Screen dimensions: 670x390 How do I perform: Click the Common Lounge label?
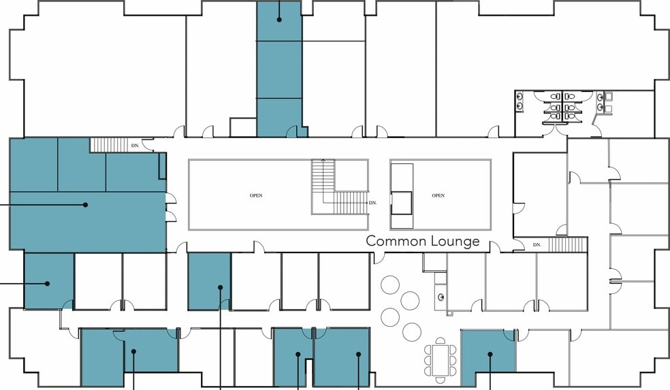tap(423, 242)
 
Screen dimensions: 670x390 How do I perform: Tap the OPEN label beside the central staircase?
tap(256, 195)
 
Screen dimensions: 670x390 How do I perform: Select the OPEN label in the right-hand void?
tap(438, 195)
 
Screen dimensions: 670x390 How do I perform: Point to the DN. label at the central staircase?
tap(372, 203)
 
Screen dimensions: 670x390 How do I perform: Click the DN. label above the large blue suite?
tap(135, 146)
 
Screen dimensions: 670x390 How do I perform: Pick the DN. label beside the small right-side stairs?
tap(537, 245)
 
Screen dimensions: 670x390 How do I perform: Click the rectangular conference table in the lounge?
tap(440, 360)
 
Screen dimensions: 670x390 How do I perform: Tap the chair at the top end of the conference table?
tap(440, 341)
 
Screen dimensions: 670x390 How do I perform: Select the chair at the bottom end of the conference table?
tap(440, 379)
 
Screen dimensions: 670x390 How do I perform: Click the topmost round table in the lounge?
tap(390, 285)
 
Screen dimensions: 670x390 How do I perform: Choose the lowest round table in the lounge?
tap(412, 332)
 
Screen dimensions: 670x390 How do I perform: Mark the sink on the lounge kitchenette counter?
tap(441, 297)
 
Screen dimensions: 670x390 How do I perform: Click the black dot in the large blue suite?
tap(86, 205)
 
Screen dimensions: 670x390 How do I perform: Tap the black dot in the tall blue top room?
tap(279, 19)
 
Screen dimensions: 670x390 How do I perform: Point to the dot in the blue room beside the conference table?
tap(490, 354)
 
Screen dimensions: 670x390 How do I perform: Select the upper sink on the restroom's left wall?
tap(520, 96)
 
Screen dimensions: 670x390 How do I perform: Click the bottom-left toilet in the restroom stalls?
tap(555, 116)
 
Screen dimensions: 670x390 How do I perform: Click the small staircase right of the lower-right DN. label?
tap(568, 245)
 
